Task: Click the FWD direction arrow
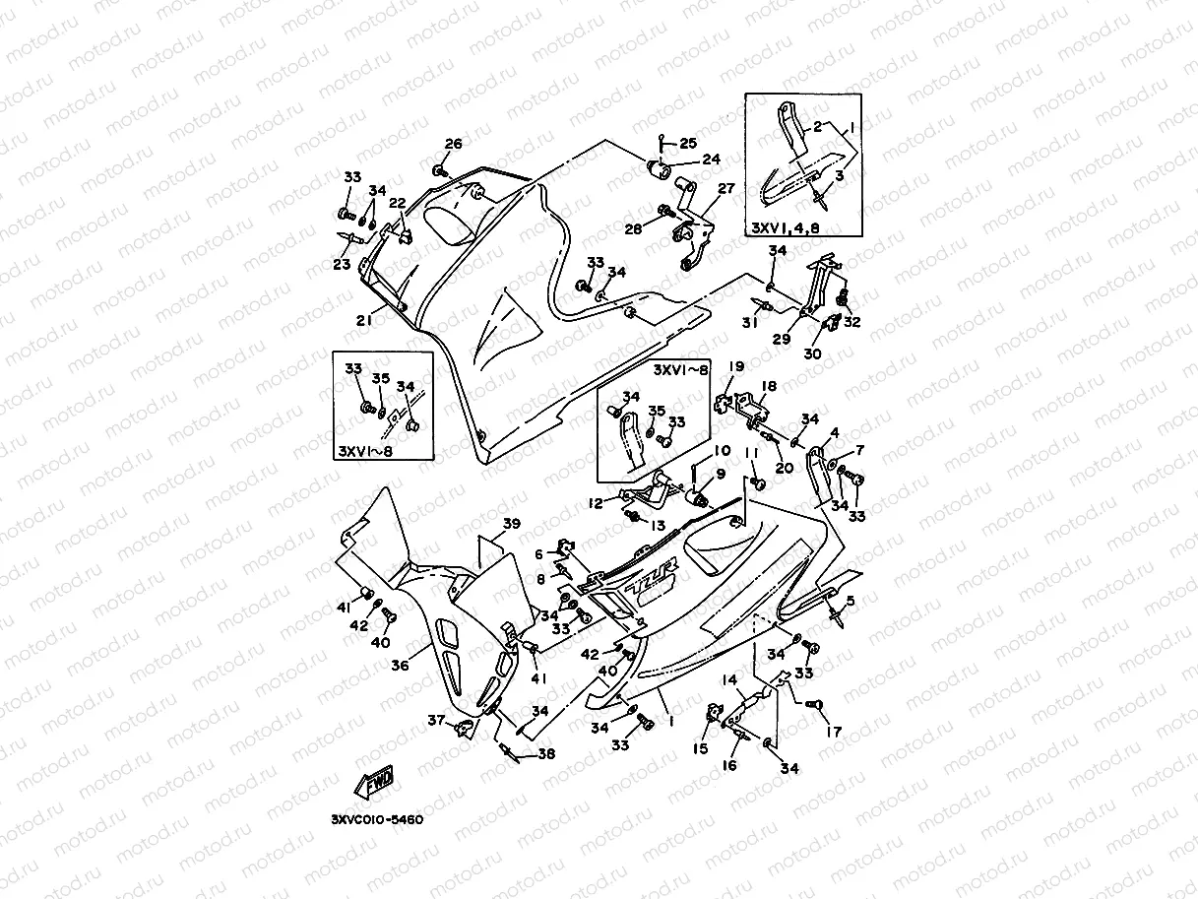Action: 374,784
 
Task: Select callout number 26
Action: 452,144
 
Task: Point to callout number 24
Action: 710,160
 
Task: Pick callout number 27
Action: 726,188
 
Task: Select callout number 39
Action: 511,523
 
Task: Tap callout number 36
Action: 399,666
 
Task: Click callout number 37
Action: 436,720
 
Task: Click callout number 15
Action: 703,749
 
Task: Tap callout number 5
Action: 850,601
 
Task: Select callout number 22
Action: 397,203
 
